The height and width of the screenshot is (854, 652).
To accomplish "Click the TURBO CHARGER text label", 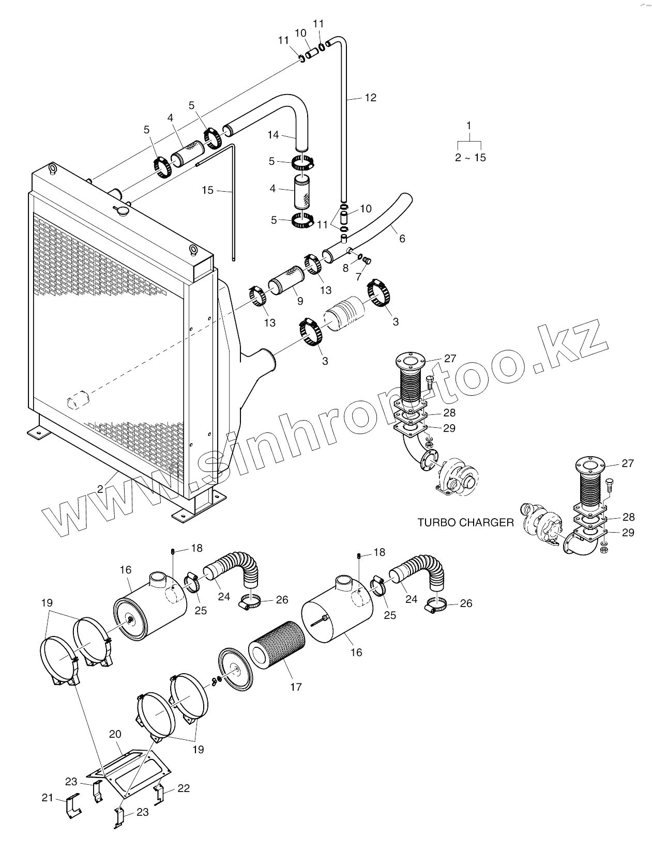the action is pyautogui.click(x=465, y=522).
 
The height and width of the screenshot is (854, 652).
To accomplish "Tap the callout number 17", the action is pyautogui.click(x=296, y=687).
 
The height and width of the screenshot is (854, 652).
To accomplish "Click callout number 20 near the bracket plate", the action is pyautogui.click(x=115, y=734).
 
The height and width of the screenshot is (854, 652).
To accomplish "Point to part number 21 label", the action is pyautogui.click(x=48, y=798).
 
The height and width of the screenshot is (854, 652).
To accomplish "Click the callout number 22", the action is pyautogui.click(x=184, y=788).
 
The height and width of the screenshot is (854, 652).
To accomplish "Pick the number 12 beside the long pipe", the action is pyautogui.click(x=371, y=97).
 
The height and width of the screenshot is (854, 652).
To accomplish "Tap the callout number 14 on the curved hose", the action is pyautogui.click(x=273, y=135).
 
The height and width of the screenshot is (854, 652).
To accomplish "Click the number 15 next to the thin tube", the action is pyautogui.click(x=207, y=190).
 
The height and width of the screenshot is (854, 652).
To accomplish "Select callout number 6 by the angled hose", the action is pyautogui.click(x=402, y=238).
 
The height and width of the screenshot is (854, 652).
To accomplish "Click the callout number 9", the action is pyautogui.click(x=300, y=301).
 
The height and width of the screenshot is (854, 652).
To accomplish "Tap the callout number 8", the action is pyautogui.click(x=346, y=268).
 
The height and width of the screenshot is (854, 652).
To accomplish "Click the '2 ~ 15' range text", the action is pyautogui.click(x=471, y=158).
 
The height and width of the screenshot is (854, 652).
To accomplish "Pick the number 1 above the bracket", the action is pyautogui.click(x=469, y=126).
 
